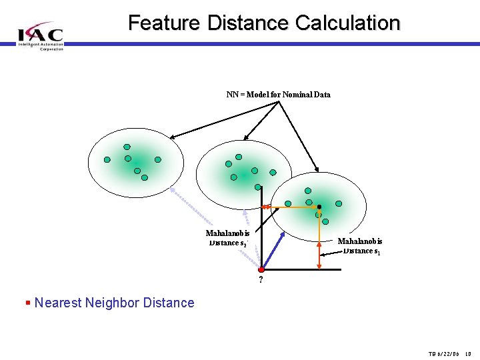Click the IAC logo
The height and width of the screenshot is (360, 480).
(41, 35)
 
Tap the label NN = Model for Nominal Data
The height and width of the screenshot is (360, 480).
(278, 95)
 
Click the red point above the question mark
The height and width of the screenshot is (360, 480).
(261, 269)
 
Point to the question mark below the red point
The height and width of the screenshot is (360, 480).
(261, 280)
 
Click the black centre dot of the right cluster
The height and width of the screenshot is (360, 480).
(319, 207)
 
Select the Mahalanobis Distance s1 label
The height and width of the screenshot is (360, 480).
(360, 245)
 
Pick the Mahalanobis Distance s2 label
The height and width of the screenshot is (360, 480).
(228, 238)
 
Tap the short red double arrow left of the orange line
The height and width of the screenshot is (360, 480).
(265, 207)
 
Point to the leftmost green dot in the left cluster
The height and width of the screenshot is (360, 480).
(107, 159)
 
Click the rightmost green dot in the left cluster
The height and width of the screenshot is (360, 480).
(158, 159)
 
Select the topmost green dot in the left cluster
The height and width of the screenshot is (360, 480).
(127, 147)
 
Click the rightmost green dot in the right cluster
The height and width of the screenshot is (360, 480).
(339, 203)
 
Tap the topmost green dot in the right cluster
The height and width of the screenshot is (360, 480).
(307, 191)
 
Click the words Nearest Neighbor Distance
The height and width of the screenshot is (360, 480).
(114, 303)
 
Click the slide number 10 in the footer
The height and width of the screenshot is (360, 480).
(469, 353)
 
